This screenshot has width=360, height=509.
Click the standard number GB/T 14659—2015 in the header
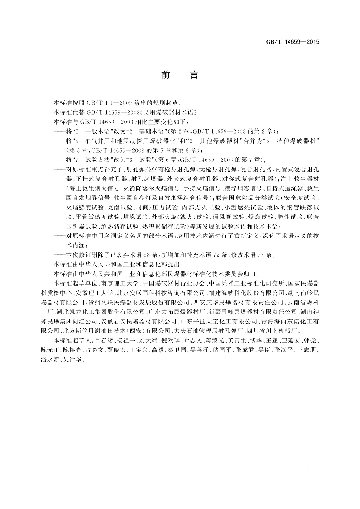(292, 42)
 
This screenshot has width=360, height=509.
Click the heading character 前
(166, 75)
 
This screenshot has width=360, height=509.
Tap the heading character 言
(194, 75)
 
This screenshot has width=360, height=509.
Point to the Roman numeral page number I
(310, 467)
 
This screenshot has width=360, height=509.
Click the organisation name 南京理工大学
(120, 283)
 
